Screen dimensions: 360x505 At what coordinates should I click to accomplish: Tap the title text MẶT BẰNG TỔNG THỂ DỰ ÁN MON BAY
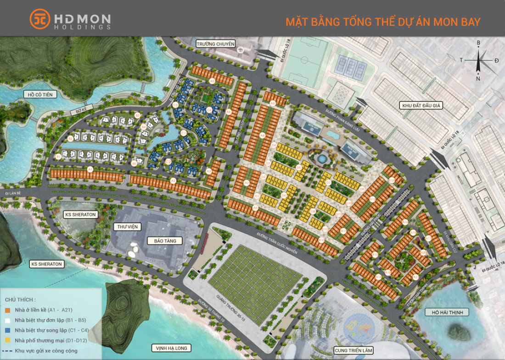pyautogui.click(x=383, y=22)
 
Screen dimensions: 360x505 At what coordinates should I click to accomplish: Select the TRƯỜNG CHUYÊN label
pyautogui.click(x=215, y=44)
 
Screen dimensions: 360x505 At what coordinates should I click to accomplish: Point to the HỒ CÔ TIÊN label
pyautogui.click(x=40, y=95)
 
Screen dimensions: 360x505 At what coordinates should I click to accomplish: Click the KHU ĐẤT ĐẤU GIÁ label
pyautogui.click(x=421, y=106)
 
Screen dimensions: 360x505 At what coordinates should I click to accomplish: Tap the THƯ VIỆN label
pyautogui.click(x=127, y=227)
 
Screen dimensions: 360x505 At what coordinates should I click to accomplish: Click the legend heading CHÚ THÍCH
pyautogui.click(x=20, y=299)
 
